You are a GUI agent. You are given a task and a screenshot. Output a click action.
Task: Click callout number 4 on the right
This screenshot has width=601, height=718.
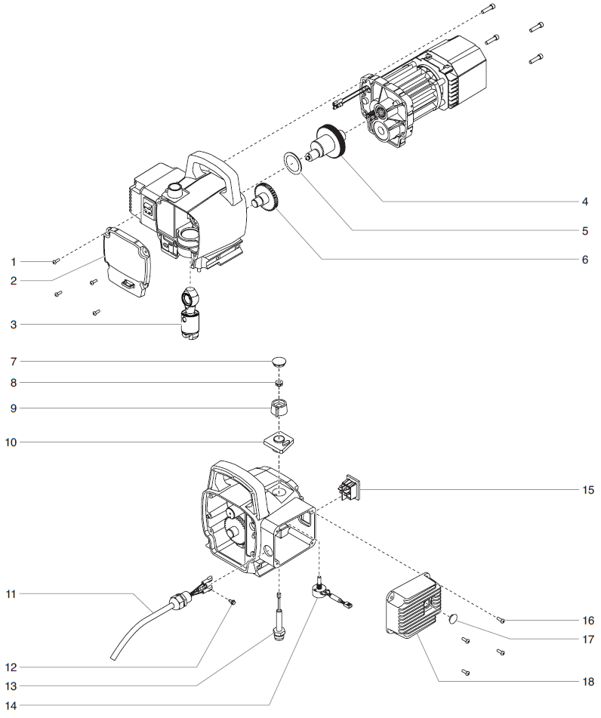tap(584, 202)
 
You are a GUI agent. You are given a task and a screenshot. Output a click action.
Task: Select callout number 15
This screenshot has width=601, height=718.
tap(587, 490)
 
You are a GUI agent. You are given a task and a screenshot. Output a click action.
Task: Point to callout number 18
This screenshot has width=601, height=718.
tap(587, 682)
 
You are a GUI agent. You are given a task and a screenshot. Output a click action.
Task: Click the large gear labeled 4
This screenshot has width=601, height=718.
tap(329, 143)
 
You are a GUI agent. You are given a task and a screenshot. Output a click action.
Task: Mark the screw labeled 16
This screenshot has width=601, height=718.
tap(502, 620)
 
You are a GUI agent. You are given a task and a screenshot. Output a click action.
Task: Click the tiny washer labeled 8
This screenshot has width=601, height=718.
tap(279, 384)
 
